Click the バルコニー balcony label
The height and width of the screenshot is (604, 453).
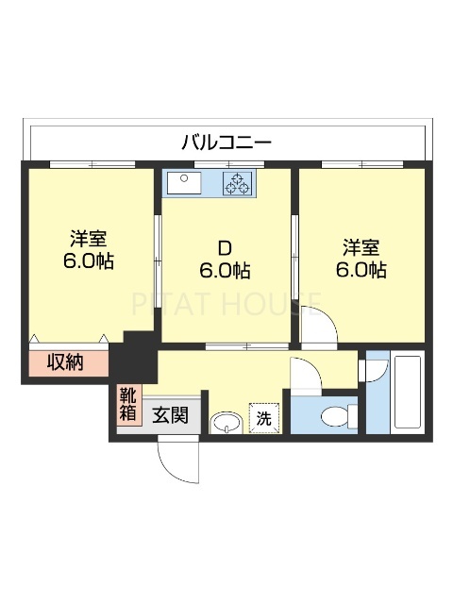click(x=226, y=143)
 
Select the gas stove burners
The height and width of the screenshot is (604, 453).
click(x=237, y=183)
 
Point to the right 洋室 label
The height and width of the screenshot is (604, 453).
click(x=361, y=247)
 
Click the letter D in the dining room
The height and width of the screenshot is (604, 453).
click(x=225, y=248)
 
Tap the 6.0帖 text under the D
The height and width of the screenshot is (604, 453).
click(x=225, y=271)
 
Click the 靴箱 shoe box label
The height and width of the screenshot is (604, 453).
click(x=127, y=404)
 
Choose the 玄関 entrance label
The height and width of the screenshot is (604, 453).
click(x=171, y=414)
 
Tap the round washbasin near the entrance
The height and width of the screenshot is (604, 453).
click(x=226, y=421)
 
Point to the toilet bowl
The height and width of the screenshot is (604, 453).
click(x=334, y=414)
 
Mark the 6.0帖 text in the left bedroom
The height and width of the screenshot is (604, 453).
click(x=88, y=261)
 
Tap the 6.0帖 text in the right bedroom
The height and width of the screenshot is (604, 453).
click(x=361, y=270)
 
